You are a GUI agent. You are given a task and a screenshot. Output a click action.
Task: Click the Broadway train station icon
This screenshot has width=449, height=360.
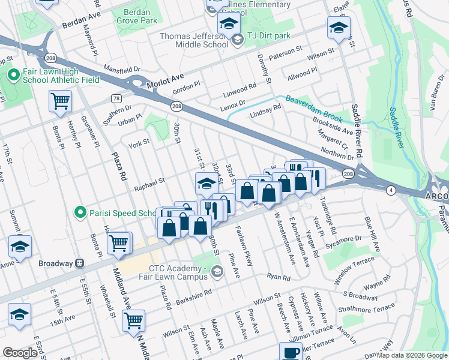coord(79,263)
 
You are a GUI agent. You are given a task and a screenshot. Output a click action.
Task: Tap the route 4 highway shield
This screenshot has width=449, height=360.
coord(391,190)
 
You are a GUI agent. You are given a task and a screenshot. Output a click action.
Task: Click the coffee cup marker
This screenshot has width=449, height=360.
coord(291,353)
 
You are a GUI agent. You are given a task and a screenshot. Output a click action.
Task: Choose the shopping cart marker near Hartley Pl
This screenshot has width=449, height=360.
coord(61,103)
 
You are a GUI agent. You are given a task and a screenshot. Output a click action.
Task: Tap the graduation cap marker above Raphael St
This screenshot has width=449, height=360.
coord(206,184)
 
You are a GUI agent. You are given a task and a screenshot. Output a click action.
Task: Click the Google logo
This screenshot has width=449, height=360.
coord(20,353)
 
